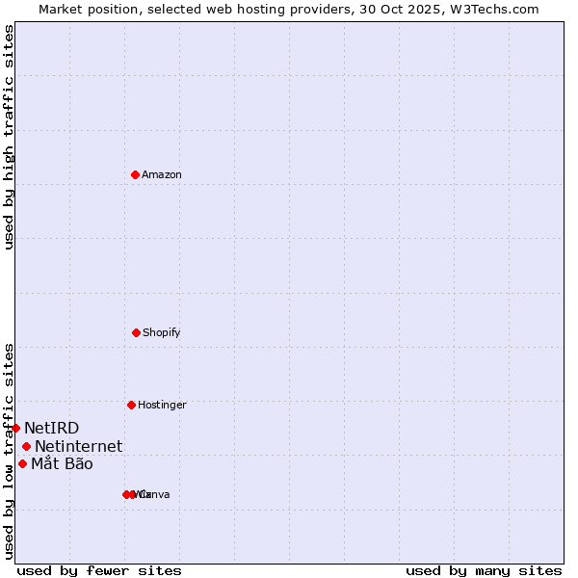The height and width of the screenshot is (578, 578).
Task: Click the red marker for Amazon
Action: pos(136,174)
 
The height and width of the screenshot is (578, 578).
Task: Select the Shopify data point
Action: pos(136,332)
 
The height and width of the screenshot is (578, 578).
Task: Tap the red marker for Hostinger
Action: pos(131,405)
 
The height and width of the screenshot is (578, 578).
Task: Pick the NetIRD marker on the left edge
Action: pos(16,428)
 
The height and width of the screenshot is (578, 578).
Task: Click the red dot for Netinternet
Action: pos(26,446)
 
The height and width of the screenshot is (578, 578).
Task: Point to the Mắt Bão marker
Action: pos(22,463)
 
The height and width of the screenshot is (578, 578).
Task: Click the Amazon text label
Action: pos(162,175)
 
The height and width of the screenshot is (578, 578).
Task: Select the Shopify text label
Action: pos(162,333)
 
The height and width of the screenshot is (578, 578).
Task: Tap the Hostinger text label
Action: pos(162,406)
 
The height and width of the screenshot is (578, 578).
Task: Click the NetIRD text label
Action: pos(52,428)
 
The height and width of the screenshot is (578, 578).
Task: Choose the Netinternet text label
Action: pos(79,446)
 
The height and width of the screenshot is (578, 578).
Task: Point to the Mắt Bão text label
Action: pos(62,464)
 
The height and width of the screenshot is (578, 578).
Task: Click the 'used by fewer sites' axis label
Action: pos(99,570)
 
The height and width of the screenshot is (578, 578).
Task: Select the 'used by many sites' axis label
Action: pos(484,570)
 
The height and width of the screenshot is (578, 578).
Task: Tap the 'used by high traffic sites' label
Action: pos(9,137)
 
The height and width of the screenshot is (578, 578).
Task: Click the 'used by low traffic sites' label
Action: pos(9,451)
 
